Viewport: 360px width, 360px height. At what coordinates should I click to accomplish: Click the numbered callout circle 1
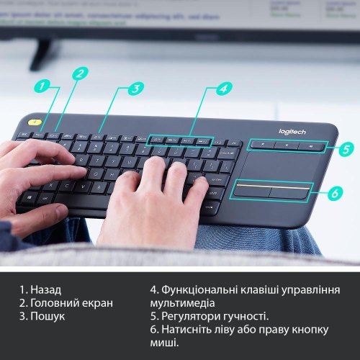point(43,86)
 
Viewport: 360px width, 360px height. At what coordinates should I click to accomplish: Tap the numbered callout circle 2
point(81,73)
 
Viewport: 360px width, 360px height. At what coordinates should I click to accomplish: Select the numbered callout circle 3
point(135,89)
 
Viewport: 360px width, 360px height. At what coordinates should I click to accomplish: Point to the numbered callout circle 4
point(224,89)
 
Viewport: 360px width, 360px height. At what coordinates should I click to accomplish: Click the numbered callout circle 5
point(346,150)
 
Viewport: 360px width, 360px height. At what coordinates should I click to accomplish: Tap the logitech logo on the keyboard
point(292,132)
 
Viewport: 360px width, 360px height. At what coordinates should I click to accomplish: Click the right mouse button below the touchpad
point(289,192)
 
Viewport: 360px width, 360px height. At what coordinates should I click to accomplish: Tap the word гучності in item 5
point(244,316)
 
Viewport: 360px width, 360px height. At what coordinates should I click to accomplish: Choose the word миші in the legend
point(165,342)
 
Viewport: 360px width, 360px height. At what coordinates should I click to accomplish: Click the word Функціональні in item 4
point(201,290)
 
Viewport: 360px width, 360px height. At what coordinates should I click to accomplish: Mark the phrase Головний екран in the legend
point(71,303)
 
